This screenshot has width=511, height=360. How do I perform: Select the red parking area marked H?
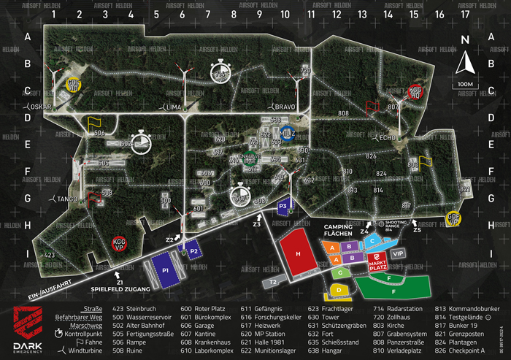point(298,252)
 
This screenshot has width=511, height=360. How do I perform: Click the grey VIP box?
point(398,253)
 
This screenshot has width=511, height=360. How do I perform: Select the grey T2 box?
point(273,281)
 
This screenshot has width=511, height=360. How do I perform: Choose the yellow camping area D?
point(339,290)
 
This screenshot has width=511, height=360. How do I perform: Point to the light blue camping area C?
point(373,240)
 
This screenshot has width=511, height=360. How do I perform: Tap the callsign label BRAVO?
point(285,107)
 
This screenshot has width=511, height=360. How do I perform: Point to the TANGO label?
point(67,198)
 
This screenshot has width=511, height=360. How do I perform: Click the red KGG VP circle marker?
point(120,243)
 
